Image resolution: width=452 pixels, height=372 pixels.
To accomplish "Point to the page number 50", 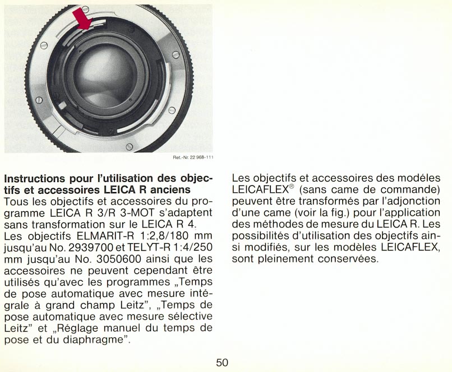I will [x=222, y=362].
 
